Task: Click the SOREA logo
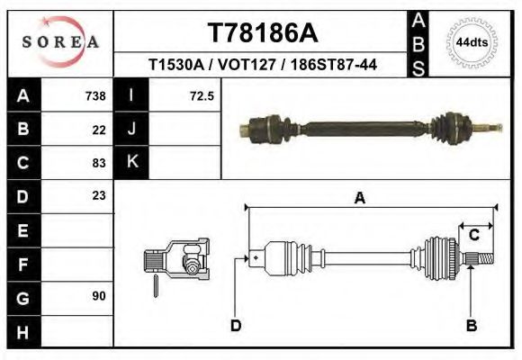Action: (x=60, y=42)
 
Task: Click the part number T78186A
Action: (x=262, y=33)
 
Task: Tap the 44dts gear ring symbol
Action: (x=471, y=42)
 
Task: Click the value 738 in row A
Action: (x=94, y=96)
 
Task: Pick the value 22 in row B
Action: (x=99, y=130)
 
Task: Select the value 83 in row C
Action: (x=99, y=163)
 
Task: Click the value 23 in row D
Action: (x=99, y=195)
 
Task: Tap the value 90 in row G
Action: (x=99, y=295)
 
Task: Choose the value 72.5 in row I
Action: (x=201, y=96)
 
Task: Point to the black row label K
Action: (x=131, y=162)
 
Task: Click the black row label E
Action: (x=23, y=229)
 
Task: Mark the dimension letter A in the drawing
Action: (x=359, y=199)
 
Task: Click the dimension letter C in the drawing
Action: (x=473, y=235)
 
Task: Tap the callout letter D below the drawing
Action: (x=236, y=326)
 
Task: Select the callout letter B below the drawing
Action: (x=471, y=326)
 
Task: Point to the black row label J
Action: (x=131, y=130)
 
